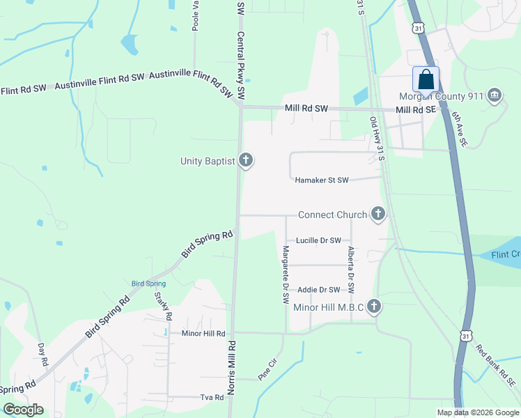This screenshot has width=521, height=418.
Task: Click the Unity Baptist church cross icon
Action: click(245, 161)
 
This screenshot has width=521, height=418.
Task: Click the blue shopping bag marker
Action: click(426, 79)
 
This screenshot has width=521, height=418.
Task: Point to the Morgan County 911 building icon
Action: click(495, 95)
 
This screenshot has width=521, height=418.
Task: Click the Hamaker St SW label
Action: click(321, 180)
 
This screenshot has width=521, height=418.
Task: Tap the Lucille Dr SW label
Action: click(318, 240)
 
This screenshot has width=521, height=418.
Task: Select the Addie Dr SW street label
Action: click(318, 290)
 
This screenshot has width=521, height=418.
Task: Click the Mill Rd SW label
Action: click(306, 109)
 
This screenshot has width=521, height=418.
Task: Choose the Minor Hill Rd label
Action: click(203, 334)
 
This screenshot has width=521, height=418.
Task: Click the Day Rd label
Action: click(42, 355)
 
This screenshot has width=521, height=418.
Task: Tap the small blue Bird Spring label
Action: click(148, 284)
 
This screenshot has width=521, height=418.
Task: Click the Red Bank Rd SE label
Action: click(495, 365)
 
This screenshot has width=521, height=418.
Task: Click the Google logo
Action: click(24, 410)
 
